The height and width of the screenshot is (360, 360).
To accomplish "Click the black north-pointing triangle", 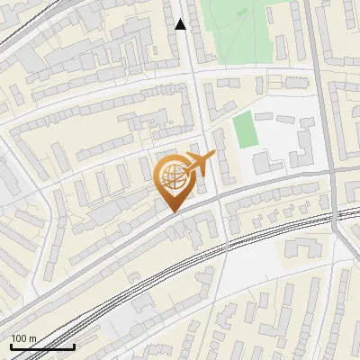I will pos(181,24).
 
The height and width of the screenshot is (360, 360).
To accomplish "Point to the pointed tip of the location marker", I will pos(174,212).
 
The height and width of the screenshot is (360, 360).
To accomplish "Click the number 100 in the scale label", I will pos(20,338).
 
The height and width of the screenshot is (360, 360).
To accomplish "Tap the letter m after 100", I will pos(33,338).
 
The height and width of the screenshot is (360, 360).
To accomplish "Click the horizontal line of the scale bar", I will pos(42,346).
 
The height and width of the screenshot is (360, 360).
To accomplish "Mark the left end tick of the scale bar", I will pos(11,345).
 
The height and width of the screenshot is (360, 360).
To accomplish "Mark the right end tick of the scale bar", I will pos(74,345).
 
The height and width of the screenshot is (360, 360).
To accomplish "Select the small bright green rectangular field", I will pos(245,131).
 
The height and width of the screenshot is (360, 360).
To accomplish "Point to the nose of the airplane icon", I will pos(213,155).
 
